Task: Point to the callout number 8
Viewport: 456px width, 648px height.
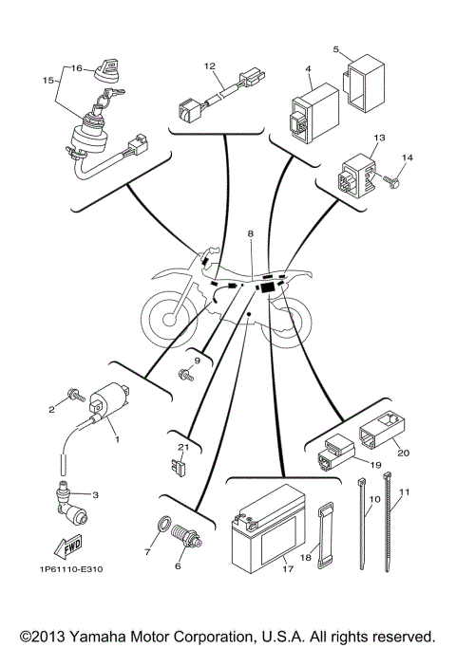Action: pyautogui.click(x=251, y=232)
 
